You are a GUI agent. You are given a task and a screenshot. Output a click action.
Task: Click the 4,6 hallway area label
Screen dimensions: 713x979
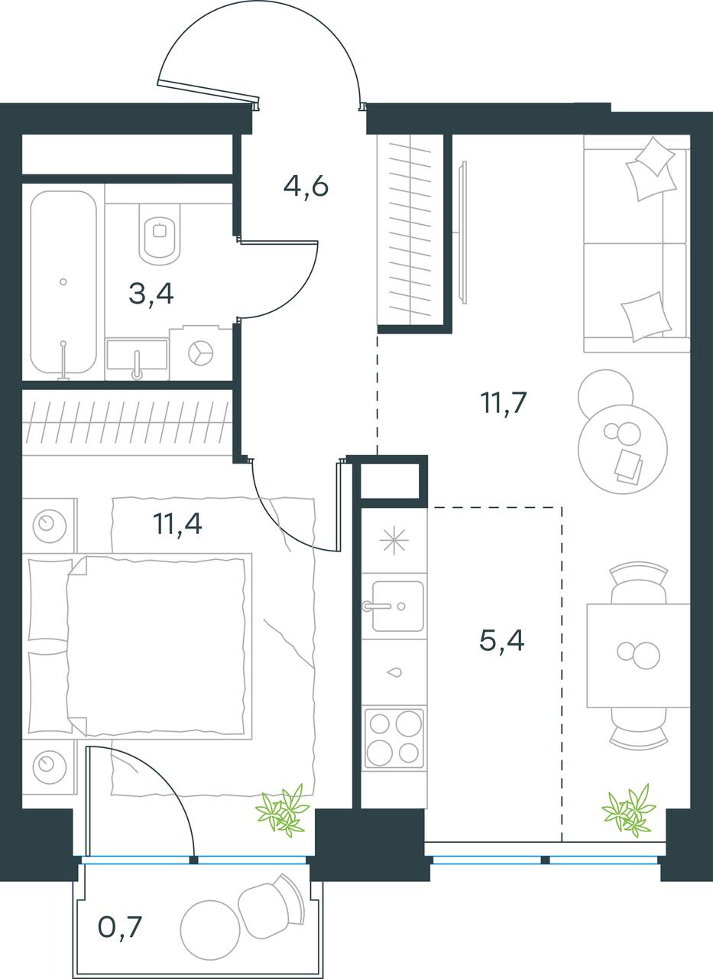[306, 187]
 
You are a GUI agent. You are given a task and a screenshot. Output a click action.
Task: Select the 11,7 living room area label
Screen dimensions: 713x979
[504, 402]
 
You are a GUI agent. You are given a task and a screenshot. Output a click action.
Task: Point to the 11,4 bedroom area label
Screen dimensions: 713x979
[178, 524]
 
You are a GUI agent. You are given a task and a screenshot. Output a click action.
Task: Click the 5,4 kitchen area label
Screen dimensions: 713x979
[501, 641]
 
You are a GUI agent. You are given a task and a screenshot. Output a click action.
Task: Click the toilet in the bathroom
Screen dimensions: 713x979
[160, 234]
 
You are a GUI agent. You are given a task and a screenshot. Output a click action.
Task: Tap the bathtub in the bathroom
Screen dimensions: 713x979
[63, 282]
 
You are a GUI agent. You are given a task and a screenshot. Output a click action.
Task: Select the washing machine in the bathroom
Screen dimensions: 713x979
[201, 353]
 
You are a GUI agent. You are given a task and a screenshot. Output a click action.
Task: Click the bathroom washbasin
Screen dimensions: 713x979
[137, 359]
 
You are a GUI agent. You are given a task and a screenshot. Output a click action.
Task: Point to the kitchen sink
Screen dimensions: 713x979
[397, 607]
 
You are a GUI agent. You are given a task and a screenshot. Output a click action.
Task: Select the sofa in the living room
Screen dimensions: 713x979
[637, 244]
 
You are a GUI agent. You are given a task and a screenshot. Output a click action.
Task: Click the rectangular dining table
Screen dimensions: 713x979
[638, 655]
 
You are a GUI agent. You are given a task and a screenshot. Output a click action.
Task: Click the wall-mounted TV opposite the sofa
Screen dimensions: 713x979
[464, 232]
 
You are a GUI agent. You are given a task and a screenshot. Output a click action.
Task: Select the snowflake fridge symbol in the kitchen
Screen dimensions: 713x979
[394, 540]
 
